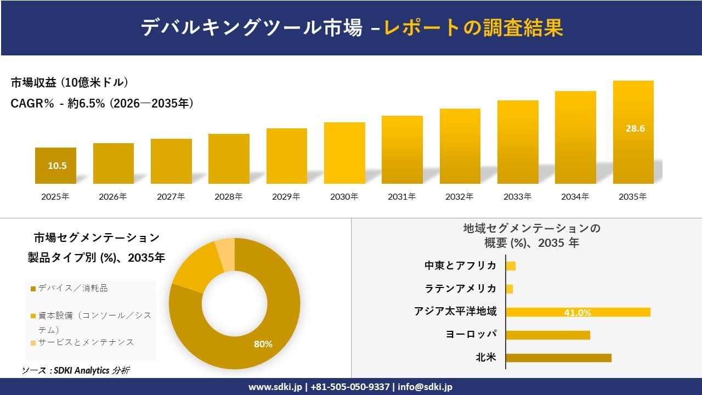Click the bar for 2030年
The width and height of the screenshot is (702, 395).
tap(344, 153)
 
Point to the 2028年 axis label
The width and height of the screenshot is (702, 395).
tap(228, 196)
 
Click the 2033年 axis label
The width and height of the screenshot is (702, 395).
tap(518, 196)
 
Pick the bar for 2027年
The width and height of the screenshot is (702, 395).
tap(171, 161)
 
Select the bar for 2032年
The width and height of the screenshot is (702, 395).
tap(460, 146)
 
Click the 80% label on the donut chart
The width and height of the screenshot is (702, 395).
tap(263, 344)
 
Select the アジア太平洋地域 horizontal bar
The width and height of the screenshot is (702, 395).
tap(578, 312)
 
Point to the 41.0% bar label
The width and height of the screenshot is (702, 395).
tap(578, 313)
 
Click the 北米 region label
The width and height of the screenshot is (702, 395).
tap(486, 358)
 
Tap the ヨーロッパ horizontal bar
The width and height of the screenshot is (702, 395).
tap(547, 335)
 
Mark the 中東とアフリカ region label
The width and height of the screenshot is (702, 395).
tap(460, 266)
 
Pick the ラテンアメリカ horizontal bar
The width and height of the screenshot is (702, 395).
tap(509, 289)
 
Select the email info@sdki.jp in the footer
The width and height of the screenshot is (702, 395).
tap(425, 387)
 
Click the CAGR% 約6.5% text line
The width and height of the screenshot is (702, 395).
tap(102, 104)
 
